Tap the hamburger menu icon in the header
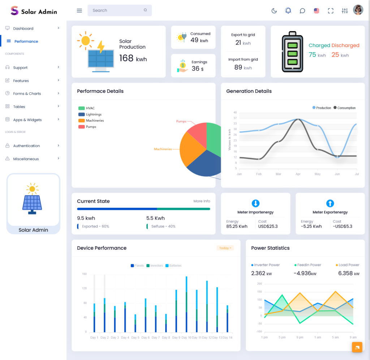pos(79,10)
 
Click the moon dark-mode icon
pos(274,11)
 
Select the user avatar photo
pos(358,10)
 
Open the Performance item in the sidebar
pos(26,42)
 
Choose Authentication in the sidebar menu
pos(26,146)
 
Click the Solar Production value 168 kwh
pos(133,58)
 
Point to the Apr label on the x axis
pos(298,174)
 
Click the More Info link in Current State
pos(202,201)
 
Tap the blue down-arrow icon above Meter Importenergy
pos(255,203)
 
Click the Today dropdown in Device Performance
pos(225,248)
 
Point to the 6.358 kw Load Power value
pos(349,274)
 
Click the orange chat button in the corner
pos(357,347)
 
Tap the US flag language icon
pos(317,11)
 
